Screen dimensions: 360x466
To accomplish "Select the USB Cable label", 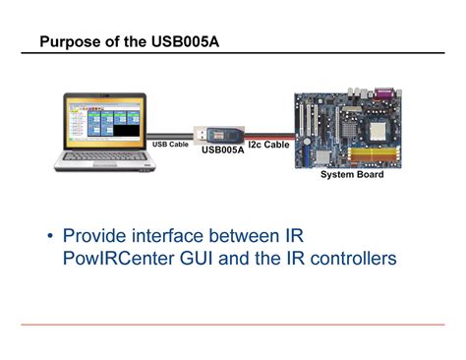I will coord(170,144).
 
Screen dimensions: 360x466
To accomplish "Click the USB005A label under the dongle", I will coord(222,150).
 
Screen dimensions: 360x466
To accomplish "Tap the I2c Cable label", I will coord(268,144).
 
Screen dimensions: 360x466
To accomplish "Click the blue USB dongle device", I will coord(222,133).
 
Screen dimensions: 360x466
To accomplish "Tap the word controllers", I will coord(346,259).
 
